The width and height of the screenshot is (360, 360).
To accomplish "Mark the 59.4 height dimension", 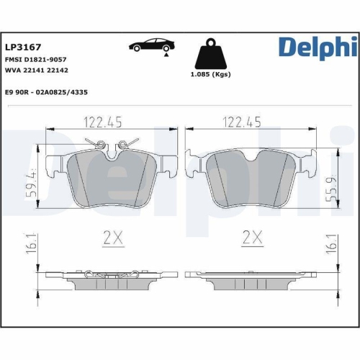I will click(x=30, y=184).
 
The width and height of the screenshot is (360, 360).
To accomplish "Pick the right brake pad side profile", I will click(x=250, y=280).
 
